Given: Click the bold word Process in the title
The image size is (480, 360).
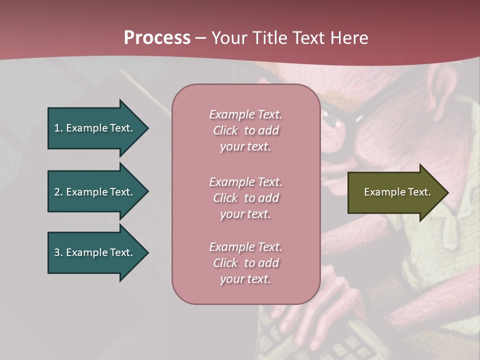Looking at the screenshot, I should (157, 38).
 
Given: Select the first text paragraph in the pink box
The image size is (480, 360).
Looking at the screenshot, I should (245, 130).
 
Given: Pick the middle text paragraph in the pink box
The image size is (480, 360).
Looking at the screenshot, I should (245, 198).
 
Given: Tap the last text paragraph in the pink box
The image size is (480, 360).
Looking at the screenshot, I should (245, 263).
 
